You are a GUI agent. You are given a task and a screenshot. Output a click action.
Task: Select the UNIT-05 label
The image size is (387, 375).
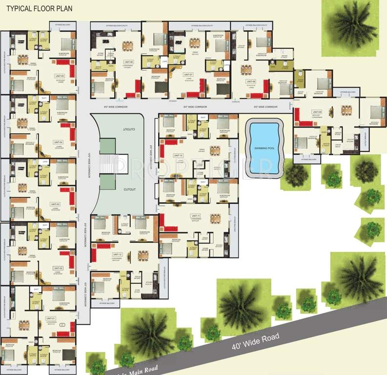[60, 76]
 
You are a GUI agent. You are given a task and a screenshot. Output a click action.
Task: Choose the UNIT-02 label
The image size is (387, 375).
[57, 268]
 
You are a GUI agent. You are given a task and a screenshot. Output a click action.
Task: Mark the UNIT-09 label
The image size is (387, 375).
[317, 112]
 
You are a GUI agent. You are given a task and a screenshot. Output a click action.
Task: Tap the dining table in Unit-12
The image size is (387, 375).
[143, 255]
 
